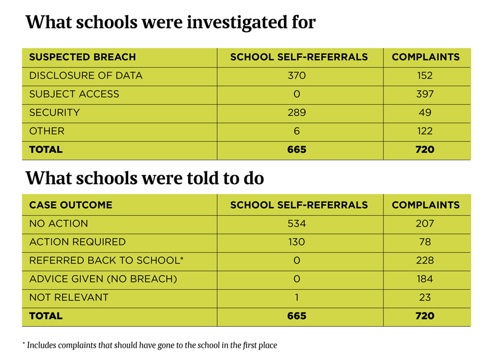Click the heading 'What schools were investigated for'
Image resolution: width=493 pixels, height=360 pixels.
coord(171,23)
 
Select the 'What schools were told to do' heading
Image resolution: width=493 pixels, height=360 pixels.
coord(145,178)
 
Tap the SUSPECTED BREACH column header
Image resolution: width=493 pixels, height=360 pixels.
coord(83,57)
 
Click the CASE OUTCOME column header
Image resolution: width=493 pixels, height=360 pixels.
coord(71,205)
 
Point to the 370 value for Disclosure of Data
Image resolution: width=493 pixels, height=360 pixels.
coord(296,75)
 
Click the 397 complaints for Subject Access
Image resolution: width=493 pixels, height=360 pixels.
coord(425,94)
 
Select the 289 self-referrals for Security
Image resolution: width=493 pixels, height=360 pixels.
coord(296,113)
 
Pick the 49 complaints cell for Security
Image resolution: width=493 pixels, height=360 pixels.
coord(425,113)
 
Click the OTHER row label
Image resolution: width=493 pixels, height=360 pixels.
coord(47,131)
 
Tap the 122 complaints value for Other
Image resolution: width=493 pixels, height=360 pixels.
coord(425,131)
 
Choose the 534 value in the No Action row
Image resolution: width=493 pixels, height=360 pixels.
coord(296,224)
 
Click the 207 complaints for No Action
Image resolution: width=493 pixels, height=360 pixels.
coord(425,224)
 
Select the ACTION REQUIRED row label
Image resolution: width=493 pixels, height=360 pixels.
coord(78,242)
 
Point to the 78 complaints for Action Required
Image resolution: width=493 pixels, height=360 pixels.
coord(425,242)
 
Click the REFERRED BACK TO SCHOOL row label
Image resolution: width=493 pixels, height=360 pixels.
coord(106,260)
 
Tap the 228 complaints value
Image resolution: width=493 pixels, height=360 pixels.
coord(425,260)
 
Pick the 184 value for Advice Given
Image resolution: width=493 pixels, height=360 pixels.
coord(425,279)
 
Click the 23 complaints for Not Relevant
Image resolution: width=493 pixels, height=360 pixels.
coord(425,298)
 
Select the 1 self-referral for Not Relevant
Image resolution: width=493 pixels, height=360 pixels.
coord(296,298)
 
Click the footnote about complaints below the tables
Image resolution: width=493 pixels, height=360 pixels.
coord(150,345)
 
